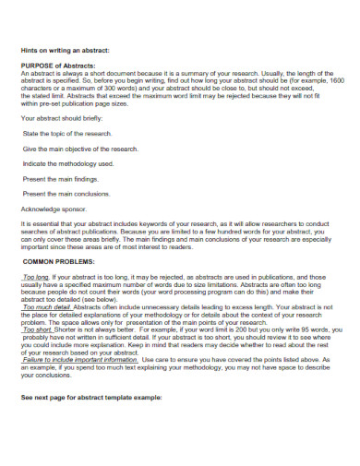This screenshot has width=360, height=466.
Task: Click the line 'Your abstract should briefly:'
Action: click(62, 119)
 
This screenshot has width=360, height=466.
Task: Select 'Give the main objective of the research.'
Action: click(80, 149)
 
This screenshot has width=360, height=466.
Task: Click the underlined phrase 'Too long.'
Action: click(37, 277)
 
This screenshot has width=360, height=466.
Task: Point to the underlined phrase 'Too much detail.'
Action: click(46, 306)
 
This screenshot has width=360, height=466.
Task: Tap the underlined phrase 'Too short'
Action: click(38, 329)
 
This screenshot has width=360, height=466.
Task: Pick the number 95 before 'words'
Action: click(306, 329)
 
